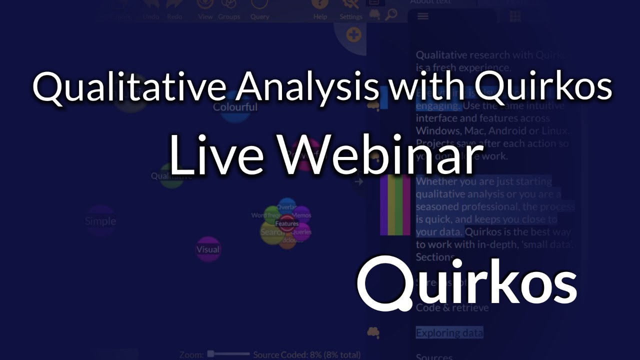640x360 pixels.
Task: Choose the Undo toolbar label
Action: coord(150,16)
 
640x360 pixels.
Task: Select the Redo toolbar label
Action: coord(174,16)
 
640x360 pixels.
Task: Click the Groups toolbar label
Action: coord(228,16)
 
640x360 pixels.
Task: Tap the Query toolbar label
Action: coord(259,16)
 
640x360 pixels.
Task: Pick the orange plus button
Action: coord(354,35)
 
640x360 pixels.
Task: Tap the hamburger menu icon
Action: coord(423,16)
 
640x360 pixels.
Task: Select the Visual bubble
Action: coord(208,249)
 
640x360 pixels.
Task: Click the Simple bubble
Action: coord(100,221)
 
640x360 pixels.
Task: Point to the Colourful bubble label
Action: coord(235,107)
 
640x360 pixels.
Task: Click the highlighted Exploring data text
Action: coord(449,332)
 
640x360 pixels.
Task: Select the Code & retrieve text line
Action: coord(452,308)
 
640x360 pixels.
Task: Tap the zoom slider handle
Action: coord(211,354)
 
